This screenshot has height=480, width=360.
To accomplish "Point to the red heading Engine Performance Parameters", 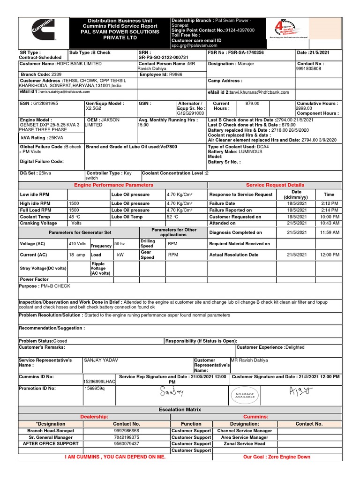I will [113, 185].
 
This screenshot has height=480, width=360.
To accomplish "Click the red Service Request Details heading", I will [275, 185].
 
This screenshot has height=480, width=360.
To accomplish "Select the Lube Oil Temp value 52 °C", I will [172, 217].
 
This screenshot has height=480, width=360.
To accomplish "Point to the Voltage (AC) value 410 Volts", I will [77, 244].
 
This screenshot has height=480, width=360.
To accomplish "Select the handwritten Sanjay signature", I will [173, 391].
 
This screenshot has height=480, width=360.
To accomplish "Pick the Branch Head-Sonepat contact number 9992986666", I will [127, 430].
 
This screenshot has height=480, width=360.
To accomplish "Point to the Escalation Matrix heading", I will [180, 410].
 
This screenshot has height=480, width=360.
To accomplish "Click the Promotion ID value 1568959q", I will [94, 388].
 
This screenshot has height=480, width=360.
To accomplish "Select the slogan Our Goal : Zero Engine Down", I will [277, 457].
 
